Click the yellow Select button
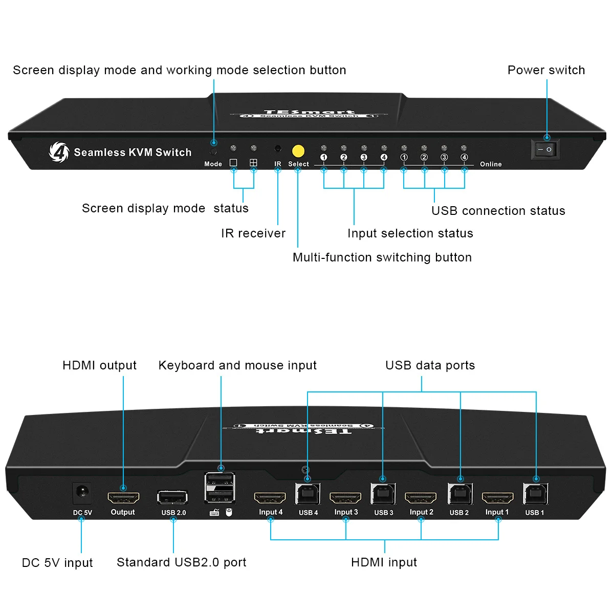(x=298, y=151)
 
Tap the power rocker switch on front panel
(x=545, y=149)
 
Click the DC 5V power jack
(x=82, y=493)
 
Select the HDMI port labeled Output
(x=123, y=498)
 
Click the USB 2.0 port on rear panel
(x=172, y=497)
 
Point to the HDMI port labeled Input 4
(x=270, y=498)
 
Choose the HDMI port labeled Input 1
(x=498, y=498)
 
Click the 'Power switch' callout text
(x=546, y=70)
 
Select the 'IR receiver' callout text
(x=253, y=233)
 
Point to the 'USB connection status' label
(x=498, y=211)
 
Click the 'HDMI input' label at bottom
(x=384, y=562)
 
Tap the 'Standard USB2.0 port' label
(x=181, y=562)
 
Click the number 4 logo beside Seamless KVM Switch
(x=59, y=152)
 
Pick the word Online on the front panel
(x=491, y=164)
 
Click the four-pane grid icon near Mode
(x=253, y=163)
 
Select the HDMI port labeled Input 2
(x=421, y=498)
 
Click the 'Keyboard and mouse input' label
(x=237, y=365)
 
